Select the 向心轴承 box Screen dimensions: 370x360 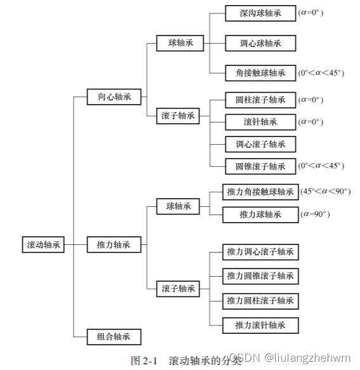tap(114, 97)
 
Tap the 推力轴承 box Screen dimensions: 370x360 tap(114, 244)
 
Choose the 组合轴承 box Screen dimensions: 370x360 tap(114, 336)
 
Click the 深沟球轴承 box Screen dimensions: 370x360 tap(260, 13)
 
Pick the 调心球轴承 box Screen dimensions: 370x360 tap(260, 43)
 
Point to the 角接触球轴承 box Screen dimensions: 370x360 tap(260, 73)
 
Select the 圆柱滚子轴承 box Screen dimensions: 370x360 tap(260, 100)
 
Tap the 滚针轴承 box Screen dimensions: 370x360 tap(260, 121)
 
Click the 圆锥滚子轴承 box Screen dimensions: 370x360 tap(260, 166)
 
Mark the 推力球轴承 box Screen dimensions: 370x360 tap(260, 215)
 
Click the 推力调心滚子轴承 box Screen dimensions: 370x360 tap(260, 252)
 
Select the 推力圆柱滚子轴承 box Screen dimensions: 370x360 tap(260, 300)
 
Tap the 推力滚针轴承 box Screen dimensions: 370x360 tap(260, 325)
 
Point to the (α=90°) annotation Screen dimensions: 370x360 tap(316, 215)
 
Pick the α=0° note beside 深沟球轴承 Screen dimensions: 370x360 tap(311, 13)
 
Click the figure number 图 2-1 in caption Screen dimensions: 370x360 tap(144, 360)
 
